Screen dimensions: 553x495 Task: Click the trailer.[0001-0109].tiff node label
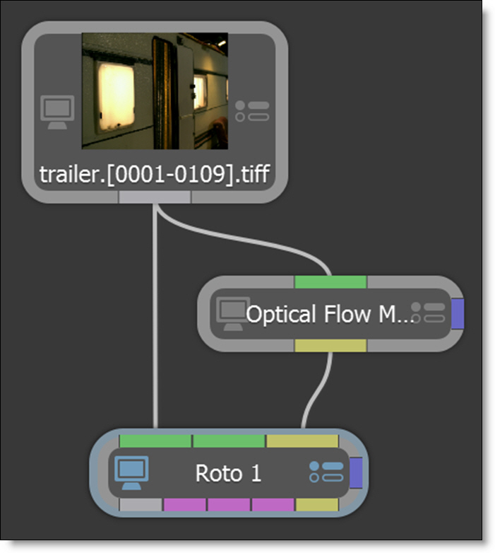coord(154,175)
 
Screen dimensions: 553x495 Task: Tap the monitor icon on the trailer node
coord(55,112)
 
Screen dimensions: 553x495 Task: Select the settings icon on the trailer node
coord(251,111)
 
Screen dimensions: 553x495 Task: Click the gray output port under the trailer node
coord(154,198)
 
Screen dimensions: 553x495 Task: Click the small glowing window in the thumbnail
coord(200,92)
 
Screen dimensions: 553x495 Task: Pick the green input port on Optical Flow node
coord(330,282)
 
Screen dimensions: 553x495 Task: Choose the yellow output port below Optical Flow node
coord(330,345)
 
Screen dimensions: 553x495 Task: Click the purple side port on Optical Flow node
coord(457,313)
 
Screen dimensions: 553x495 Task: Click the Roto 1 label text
coord(228,473)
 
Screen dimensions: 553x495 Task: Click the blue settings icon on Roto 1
coord(326,472)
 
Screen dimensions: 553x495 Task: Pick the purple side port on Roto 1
coord(356,472)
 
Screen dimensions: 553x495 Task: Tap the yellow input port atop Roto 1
coord(302,441)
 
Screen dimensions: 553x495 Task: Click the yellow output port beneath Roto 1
coord(316,505)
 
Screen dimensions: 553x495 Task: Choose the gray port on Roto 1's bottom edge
coord(141,505)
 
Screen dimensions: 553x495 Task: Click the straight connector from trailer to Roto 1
coord(154,318)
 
